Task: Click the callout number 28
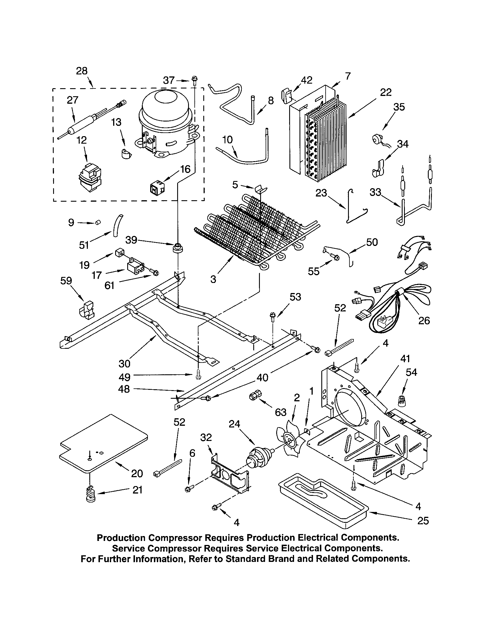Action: tap(82, 71)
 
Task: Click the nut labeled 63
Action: tap(255, 394)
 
